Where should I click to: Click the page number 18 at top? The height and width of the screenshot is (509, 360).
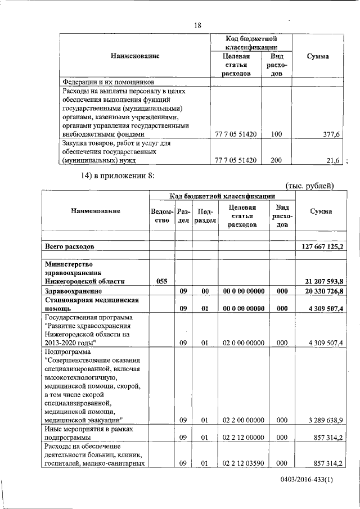(197, 25)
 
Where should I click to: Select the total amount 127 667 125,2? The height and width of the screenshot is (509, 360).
(319, 246)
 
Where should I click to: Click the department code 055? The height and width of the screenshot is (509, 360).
(161, 281)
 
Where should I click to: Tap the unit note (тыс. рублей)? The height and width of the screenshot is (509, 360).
(310, 185)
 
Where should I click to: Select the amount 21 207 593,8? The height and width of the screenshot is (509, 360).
(319, 281)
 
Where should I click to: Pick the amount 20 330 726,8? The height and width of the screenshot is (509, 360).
(319, 291)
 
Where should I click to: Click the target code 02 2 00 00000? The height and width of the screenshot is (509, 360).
(244, 420)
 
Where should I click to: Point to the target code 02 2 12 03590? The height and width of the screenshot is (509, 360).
(244, 463)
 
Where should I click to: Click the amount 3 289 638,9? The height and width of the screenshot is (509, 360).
(321, 420)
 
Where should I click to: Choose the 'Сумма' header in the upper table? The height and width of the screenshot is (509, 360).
(318, 56)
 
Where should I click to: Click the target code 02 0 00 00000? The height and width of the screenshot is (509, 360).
(244, 343)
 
